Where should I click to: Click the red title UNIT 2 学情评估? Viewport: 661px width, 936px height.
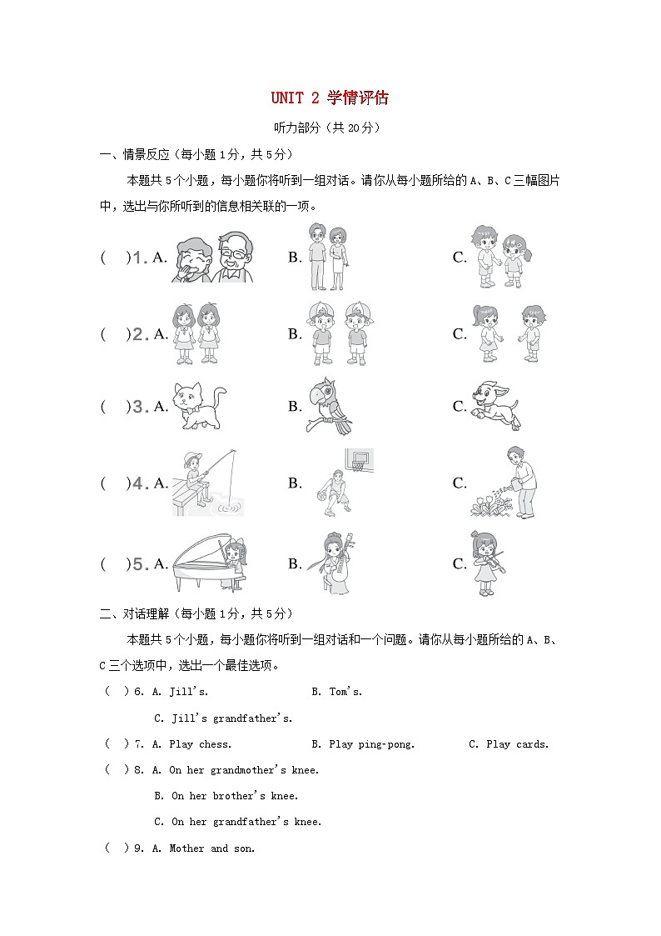point(330,98)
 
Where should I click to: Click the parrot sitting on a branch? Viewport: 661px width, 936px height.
point(330,406)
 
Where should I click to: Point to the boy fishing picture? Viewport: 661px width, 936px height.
point(206,483)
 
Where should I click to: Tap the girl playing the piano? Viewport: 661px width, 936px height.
point(210,563)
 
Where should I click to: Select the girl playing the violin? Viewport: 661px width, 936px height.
point(485,563)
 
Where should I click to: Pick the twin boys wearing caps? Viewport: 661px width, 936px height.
point(338,333)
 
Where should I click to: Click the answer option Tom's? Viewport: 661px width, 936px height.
point(346,692)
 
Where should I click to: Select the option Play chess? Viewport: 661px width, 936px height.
point(200,744)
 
